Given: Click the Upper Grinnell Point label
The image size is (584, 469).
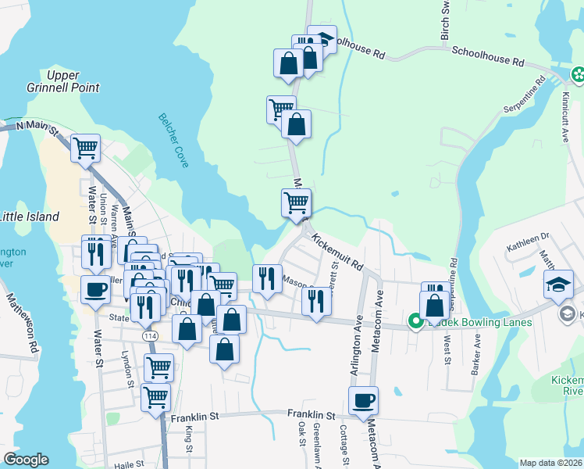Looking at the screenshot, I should coord(73,81).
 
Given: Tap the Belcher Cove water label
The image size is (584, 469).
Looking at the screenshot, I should coord(176,138).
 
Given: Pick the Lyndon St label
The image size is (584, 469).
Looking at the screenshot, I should coord(128,368).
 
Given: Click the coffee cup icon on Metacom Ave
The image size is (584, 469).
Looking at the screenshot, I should coord(363,402).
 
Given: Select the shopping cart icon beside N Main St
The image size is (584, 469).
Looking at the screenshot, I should coord(86,149).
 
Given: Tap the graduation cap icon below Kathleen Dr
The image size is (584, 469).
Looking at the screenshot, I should coord(559,285).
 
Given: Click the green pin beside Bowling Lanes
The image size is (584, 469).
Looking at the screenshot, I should coord(416,320).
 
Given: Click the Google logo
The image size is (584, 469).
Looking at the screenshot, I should coord(26,460).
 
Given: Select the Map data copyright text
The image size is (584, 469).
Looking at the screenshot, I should coord(551,463).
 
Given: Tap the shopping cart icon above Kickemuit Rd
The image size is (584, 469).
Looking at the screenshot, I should coord(296,203).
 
